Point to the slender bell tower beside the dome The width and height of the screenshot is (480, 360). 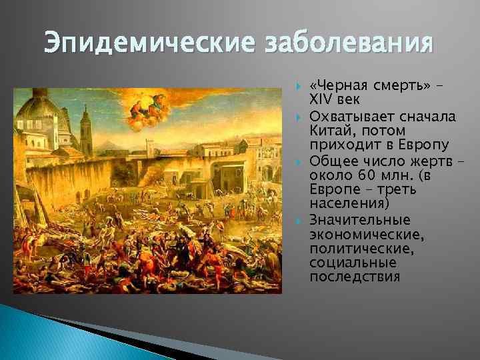point(85,130)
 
